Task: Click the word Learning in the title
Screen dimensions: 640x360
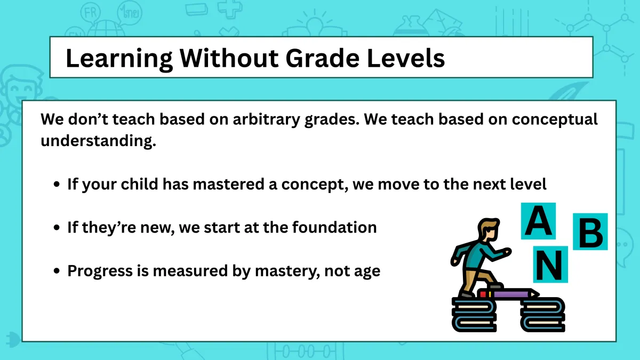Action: pos(119,59)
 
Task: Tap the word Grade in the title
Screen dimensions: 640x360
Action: pos(323,58)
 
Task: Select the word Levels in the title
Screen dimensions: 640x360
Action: pos(406,58)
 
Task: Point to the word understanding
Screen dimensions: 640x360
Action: pos(98,141)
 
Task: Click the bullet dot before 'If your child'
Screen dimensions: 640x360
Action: pos(57,184)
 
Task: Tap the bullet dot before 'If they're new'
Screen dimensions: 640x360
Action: pos(57,227)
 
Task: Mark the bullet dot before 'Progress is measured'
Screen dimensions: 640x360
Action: pos(57,271)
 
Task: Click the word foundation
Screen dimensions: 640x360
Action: pos(334,227)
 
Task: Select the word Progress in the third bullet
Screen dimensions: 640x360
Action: pos(100,271)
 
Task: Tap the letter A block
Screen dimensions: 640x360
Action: pos(538,221)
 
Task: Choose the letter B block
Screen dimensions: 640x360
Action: pos(590,231)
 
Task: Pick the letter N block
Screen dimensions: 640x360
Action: pos(550,265)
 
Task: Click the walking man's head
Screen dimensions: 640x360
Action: pos(489,230)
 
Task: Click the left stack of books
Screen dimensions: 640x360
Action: pos(474,315)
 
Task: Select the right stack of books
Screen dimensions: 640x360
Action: pos(542,315)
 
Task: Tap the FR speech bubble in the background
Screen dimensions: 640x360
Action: pos(91,13)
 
